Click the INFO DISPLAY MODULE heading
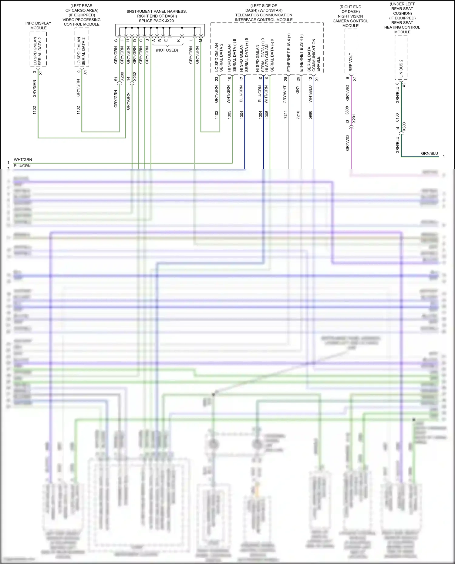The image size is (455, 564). pos(38,25)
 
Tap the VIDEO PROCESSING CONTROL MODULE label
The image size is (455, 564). pos(82,22)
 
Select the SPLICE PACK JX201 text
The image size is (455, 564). pos(157,21)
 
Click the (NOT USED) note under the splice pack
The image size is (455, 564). pos(167,50)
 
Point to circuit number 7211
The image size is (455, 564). pos(285,115)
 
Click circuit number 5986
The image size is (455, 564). pos(310,115)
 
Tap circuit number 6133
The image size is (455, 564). pos(397,118)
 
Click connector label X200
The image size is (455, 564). pos(122,76)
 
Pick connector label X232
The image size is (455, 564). pos(135,76)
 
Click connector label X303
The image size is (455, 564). pos(404,126)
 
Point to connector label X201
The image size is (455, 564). pos(354,118)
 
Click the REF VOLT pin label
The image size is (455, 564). pos(351,62)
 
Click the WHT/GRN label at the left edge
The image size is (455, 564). pos(23,160)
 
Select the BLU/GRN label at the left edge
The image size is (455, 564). pos(22,166)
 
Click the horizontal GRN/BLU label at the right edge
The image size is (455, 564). pos(430,153)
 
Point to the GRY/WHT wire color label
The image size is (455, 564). pos(285,95)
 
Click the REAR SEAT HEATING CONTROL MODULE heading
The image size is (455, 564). pos(402,27)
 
